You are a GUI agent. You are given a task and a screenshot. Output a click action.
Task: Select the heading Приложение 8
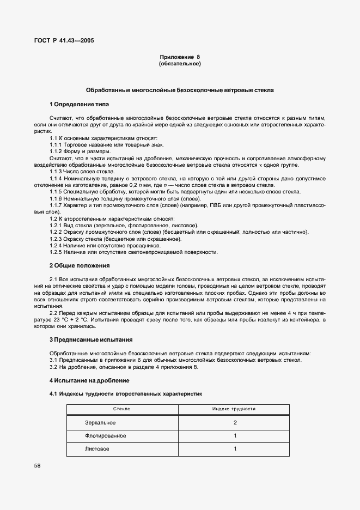pyautogui.click(x=180, y=57)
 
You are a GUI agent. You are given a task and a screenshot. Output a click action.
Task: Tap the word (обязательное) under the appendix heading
pyautogui.click(x=180, y=64)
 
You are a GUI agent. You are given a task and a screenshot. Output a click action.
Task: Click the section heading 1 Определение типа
pyautogui.click(x=80, y=104)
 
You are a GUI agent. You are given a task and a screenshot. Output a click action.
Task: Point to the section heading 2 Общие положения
pyautogui.click(x=80, y=265)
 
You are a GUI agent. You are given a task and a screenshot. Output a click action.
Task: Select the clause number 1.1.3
pyautogui.click(x=57, y=172)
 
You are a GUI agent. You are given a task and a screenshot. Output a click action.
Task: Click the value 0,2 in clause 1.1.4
pyautogui.click(x=155, y=185)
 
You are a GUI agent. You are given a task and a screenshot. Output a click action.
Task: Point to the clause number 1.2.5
pyautogui.click(x=57, y=252)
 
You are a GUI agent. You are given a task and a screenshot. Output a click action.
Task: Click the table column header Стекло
pyautogui.click(x=121, y=409)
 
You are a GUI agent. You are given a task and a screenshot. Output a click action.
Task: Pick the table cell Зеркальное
pyautogui.click(x=100, y=423)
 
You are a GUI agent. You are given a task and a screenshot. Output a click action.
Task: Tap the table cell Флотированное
pyautogui.click(x=105, y=436)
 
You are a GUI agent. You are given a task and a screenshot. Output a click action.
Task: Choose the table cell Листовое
pyautogui.click(x=97, y=449)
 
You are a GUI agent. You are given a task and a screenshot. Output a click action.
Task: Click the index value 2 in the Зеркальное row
pyautogui.click(x=235, y=423)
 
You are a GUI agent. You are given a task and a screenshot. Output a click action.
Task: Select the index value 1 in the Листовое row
pyautogui.click(x=235, y=449)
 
